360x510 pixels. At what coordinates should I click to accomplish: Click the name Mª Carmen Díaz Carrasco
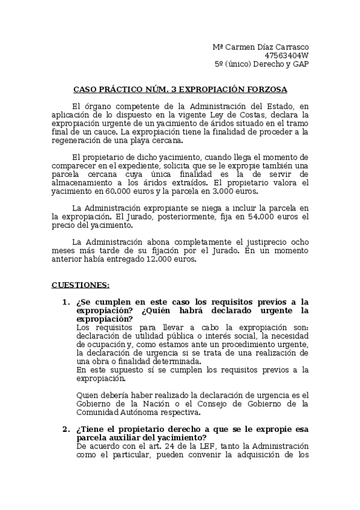click(x=261, y=47)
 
